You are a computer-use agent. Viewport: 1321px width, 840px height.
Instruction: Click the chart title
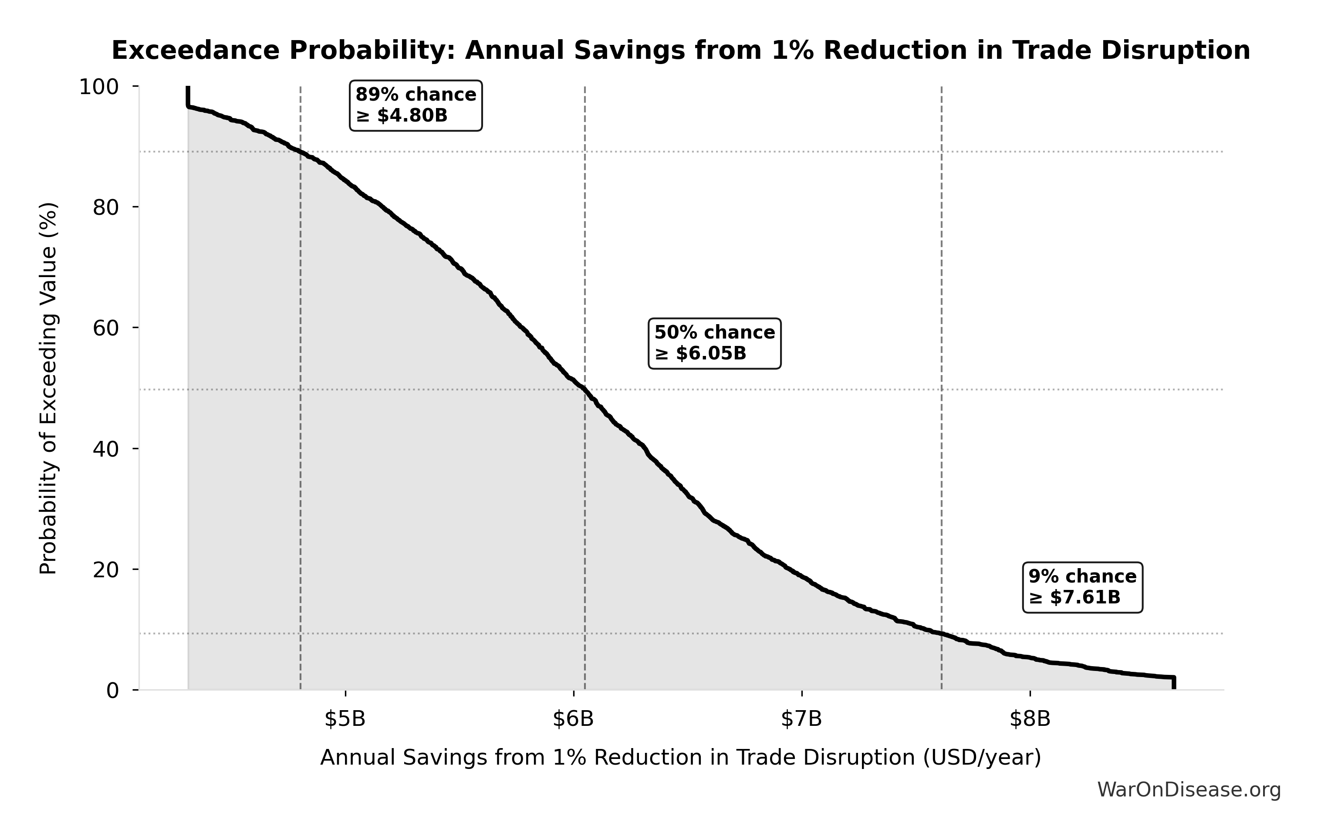click(681, 51)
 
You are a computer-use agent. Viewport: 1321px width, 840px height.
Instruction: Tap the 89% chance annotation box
click(416, 105)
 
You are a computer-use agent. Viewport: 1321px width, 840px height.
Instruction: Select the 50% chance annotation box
click(714, 343)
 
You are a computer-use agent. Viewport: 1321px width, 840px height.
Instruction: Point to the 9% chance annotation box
click(1082, 586)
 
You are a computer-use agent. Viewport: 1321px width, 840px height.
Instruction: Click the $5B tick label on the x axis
click(345, 719)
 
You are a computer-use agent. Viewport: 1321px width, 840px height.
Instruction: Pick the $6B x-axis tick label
click(573, 719)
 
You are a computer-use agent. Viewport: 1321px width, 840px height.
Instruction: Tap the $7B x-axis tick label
click(801, 719)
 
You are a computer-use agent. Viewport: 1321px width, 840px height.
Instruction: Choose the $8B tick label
click(1030, 719)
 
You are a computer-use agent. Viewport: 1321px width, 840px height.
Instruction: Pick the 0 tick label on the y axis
click(112, 690)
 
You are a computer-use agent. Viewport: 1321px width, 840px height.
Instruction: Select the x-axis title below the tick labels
click(680, 757)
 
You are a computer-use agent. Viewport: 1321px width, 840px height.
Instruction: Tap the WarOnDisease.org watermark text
click(1189, 789)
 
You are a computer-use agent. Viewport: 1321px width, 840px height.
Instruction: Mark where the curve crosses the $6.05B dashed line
click(585, 390)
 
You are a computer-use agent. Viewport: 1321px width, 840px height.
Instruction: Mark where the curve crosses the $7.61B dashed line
click(941, 634)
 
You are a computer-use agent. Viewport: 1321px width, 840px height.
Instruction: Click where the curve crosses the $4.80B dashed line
click(301, 152)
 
